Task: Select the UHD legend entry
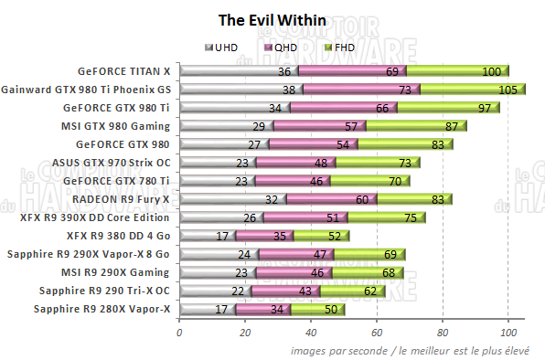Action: [224, 48]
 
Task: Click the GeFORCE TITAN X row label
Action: [124, 70]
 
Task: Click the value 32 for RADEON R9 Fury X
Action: [271, 199]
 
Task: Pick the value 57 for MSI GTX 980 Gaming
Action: [351, 126]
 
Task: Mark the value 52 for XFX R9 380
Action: [335, 236]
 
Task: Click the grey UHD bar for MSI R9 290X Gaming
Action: [208, 271]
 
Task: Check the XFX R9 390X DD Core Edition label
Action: [94, 217]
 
